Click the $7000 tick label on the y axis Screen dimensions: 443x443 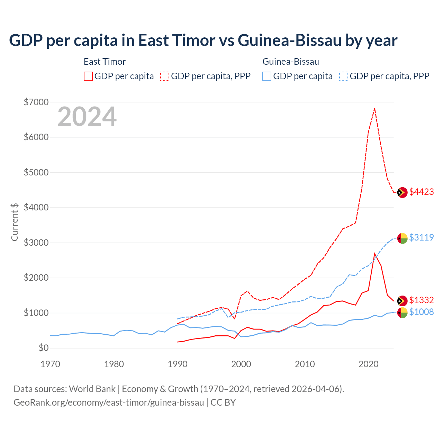click(x=36, y=102)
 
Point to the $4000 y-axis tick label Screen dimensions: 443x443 click(x=36, y=207)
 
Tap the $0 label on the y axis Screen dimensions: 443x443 click(x=43, y=348)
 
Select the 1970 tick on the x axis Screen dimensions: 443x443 click(x=50, y=364)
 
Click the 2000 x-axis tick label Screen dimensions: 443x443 click(x=241, y=364)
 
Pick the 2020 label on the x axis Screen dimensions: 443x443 click(x=368, y=364)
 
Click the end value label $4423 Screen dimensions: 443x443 click(x=421, y=192)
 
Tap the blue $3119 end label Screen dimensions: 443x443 click(x=421, y=237)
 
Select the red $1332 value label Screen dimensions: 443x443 click(x=421, y=300)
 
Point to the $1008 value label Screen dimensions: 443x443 click(x=421, y=312)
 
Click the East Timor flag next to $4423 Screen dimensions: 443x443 click(x=402, y=192)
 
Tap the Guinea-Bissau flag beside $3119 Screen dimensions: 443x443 click(x=402, y=238)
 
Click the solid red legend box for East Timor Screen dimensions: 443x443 click(x=88, y=76)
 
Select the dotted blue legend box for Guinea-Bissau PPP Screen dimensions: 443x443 click(x=344, y=76)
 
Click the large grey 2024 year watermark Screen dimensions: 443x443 click(x=87, y=117)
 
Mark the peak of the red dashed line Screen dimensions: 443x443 click(x=374, y=108)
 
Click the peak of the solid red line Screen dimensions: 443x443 click(x=374, y=253)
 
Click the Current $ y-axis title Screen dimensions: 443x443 click(x=15, y=222)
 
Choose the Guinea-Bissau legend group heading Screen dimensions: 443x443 click(x=291, y=62)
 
